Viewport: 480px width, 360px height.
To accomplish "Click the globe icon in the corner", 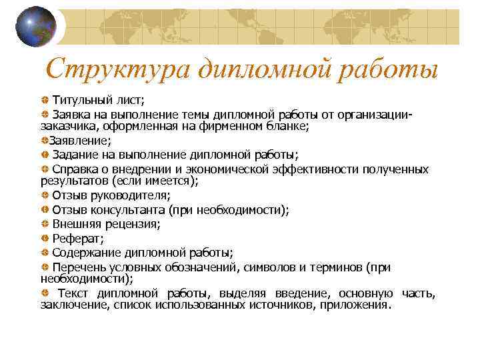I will [x=36, y=26].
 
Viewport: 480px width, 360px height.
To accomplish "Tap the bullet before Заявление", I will [x=43, y=141].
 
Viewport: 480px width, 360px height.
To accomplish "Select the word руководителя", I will [x=131, y=195].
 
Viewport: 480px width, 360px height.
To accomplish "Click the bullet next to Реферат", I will [x=44, y=239].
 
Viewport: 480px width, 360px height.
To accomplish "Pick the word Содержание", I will [x=85, y=253].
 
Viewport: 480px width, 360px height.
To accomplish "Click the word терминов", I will [x=337, y=267].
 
